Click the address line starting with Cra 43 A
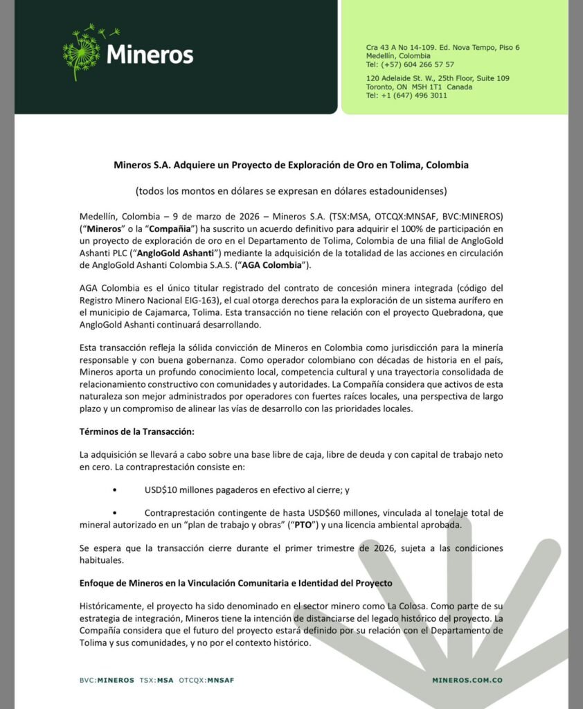pos(442,47)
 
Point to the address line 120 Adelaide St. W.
pos(438,78)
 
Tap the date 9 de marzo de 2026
pos(189,215)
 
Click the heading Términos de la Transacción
pos(137,432)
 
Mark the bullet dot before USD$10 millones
pos(114,490)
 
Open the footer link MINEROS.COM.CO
pos(467,680)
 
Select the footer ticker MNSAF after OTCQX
pos(221,680)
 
